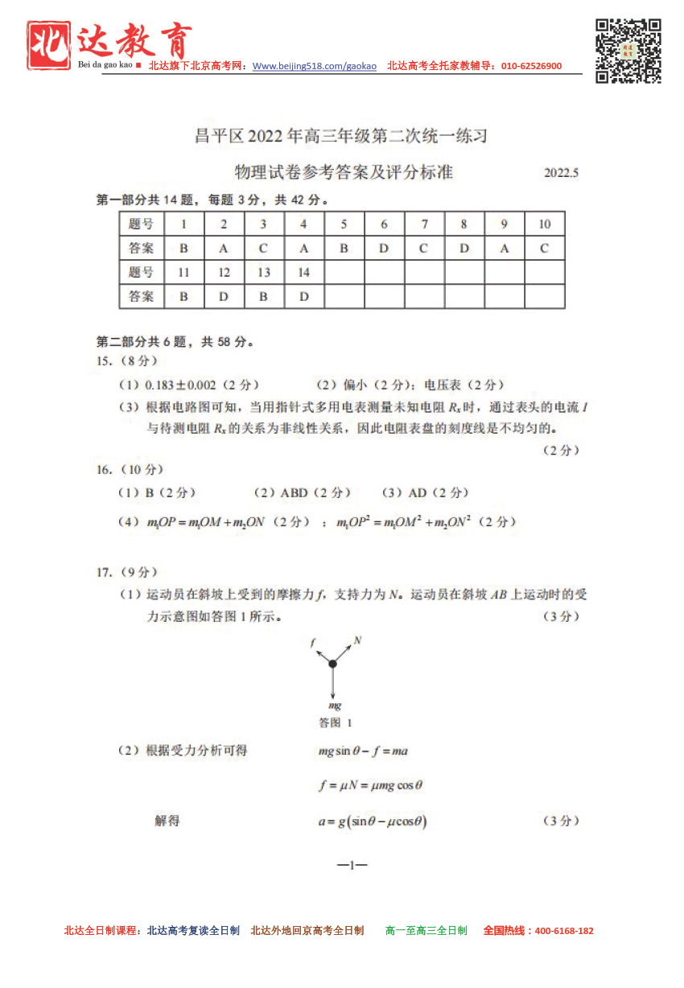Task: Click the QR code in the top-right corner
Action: click(628, 50)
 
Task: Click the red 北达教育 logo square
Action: click(48, 45)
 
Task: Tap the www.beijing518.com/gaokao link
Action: click(315, 66)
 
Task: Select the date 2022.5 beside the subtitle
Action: click(561, 173)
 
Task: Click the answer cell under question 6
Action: click(384, 249)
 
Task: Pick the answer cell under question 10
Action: click(544, 249)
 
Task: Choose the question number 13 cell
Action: click(263, 273)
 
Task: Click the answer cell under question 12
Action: click(224, 297)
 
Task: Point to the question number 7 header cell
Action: click(424, 224)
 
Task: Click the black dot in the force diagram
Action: click(332, 663)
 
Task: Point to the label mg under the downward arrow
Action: click(335, 706)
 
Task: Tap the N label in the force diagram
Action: click(357, 640)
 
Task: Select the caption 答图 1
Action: click(336, 722)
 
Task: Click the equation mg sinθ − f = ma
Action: click(363, 751)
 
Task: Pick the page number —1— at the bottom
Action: click(352, 865)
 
